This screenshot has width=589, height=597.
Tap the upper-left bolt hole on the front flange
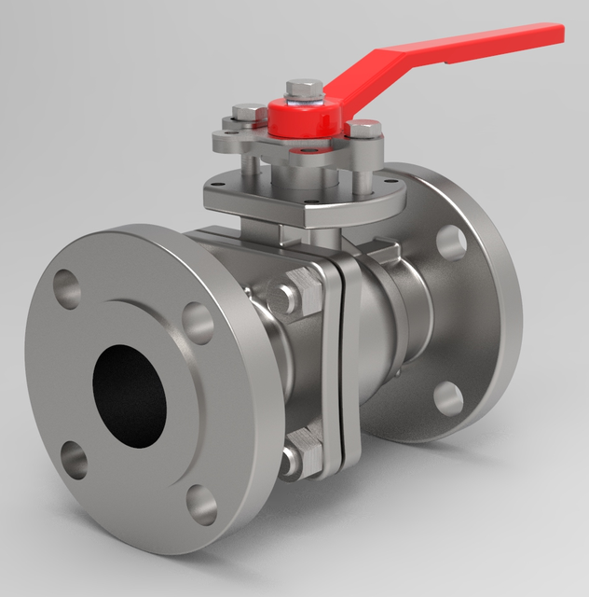coord(68,287)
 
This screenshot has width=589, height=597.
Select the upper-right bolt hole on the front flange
coord(199,322)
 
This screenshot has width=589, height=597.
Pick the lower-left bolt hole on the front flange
coord(74,461)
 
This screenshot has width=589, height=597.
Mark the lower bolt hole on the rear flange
coord(449,398)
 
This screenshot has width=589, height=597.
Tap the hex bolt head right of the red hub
coord(365,129)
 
